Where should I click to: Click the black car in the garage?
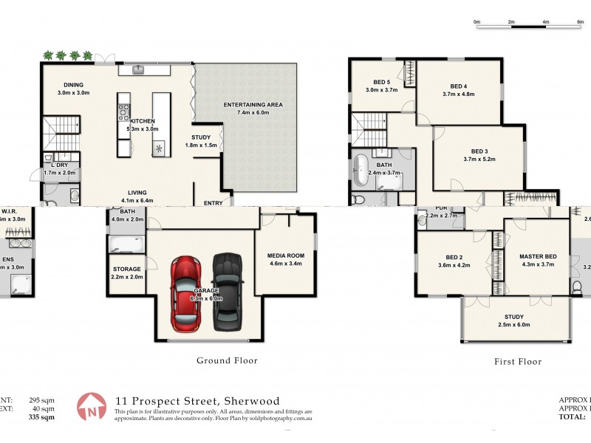tap(228, 291)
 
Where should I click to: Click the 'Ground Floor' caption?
tap(227, 360)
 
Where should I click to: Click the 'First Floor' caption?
tap(517, 362)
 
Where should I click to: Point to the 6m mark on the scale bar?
tap(580, 22)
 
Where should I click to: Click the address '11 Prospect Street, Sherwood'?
tap(197, 401)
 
